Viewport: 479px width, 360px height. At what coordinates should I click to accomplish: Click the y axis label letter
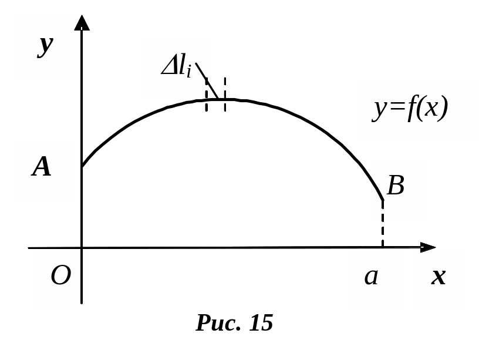pyautogui.click(x=45, y=45)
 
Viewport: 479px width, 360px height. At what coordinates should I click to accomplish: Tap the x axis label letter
pyautogui.click(x=438, y=277)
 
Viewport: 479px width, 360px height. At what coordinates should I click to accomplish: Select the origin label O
pyautogui.click(x=60, y=275)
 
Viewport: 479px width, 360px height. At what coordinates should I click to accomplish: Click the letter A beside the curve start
pyautogui.click(x=42, y=168)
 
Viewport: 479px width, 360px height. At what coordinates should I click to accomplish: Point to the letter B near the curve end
pyautogui.click(x=396, y=186)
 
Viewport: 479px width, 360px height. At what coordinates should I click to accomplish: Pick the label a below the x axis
pyautogui.click(x=371, y=276)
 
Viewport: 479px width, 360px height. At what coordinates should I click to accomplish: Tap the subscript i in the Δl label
pyautogui.click(x=188, y=72)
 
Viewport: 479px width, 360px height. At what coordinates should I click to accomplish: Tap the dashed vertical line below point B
pyautogui.click(x=383, y=226)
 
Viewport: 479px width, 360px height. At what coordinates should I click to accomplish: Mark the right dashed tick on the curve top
pyautogui.click(x=224, y=94)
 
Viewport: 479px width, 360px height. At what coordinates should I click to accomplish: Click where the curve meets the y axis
pyautogui.click(x=82, y=166)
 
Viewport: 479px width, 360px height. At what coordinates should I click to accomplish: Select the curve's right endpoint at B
pyautogui.click(x=383, y=200)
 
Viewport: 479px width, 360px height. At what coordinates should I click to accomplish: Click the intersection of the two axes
pyautogui.click(x=82, y=248)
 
